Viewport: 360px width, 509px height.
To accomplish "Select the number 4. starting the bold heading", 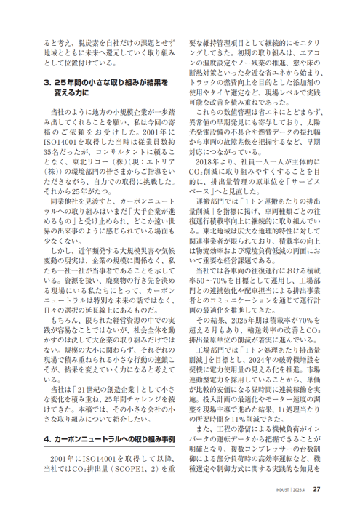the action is tap(46, 438).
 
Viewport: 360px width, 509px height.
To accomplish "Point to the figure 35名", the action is tap(49, 154).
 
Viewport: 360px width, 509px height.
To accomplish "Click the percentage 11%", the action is tap(252, 406).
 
